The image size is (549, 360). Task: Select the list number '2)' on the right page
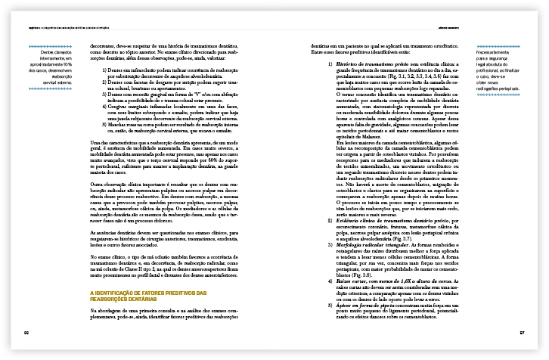click(330, 221)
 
